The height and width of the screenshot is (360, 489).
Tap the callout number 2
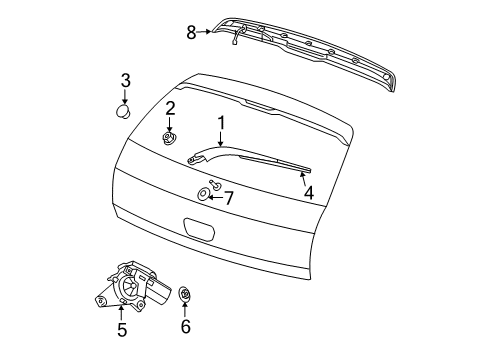[x=171, y=108]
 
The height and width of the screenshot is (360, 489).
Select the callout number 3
[x=126, y=80]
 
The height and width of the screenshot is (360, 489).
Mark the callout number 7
[x=229, y=198]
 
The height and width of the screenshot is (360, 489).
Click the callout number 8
[x=192, y=31]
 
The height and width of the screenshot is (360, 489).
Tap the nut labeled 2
[x=171, y=137]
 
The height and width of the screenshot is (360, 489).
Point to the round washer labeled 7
[x=203, y=193]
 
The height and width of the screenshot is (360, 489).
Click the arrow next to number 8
[x=207, y=31]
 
